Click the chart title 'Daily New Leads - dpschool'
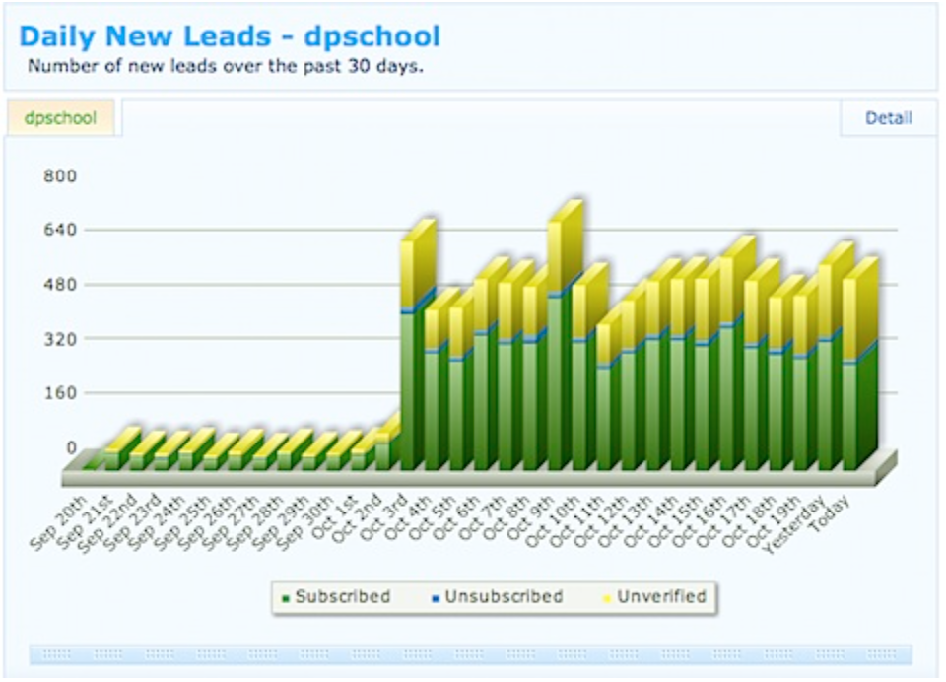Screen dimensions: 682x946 point(230,37)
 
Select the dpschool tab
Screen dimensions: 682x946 point(61,118)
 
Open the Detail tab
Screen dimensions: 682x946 point(888,118)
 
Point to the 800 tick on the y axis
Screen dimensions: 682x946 point(59,176)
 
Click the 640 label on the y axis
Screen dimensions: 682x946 point(59,230)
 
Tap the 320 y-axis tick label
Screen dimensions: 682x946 point(59,338)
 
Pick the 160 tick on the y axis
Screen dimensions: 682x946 point(59,392)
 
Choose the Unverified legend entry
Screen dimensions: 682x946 point(660,596)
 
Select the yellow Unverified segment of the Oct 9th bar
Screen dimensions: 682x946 point(555,256)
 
